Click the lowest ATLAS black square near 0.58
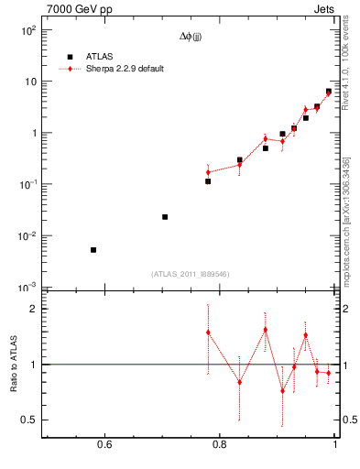[93, 250]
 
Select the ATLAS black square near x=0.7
[165, 217]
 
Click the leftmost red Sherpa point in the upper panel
[209, 172]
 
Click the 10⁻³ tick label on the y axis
[28, 288]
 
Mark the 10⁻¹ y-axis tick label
[28, 185]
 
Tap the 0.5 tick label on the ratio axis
[27, 420]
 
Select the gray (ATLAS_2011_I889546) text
[190, 274]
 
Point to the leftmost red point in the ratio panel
[209, 333]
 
